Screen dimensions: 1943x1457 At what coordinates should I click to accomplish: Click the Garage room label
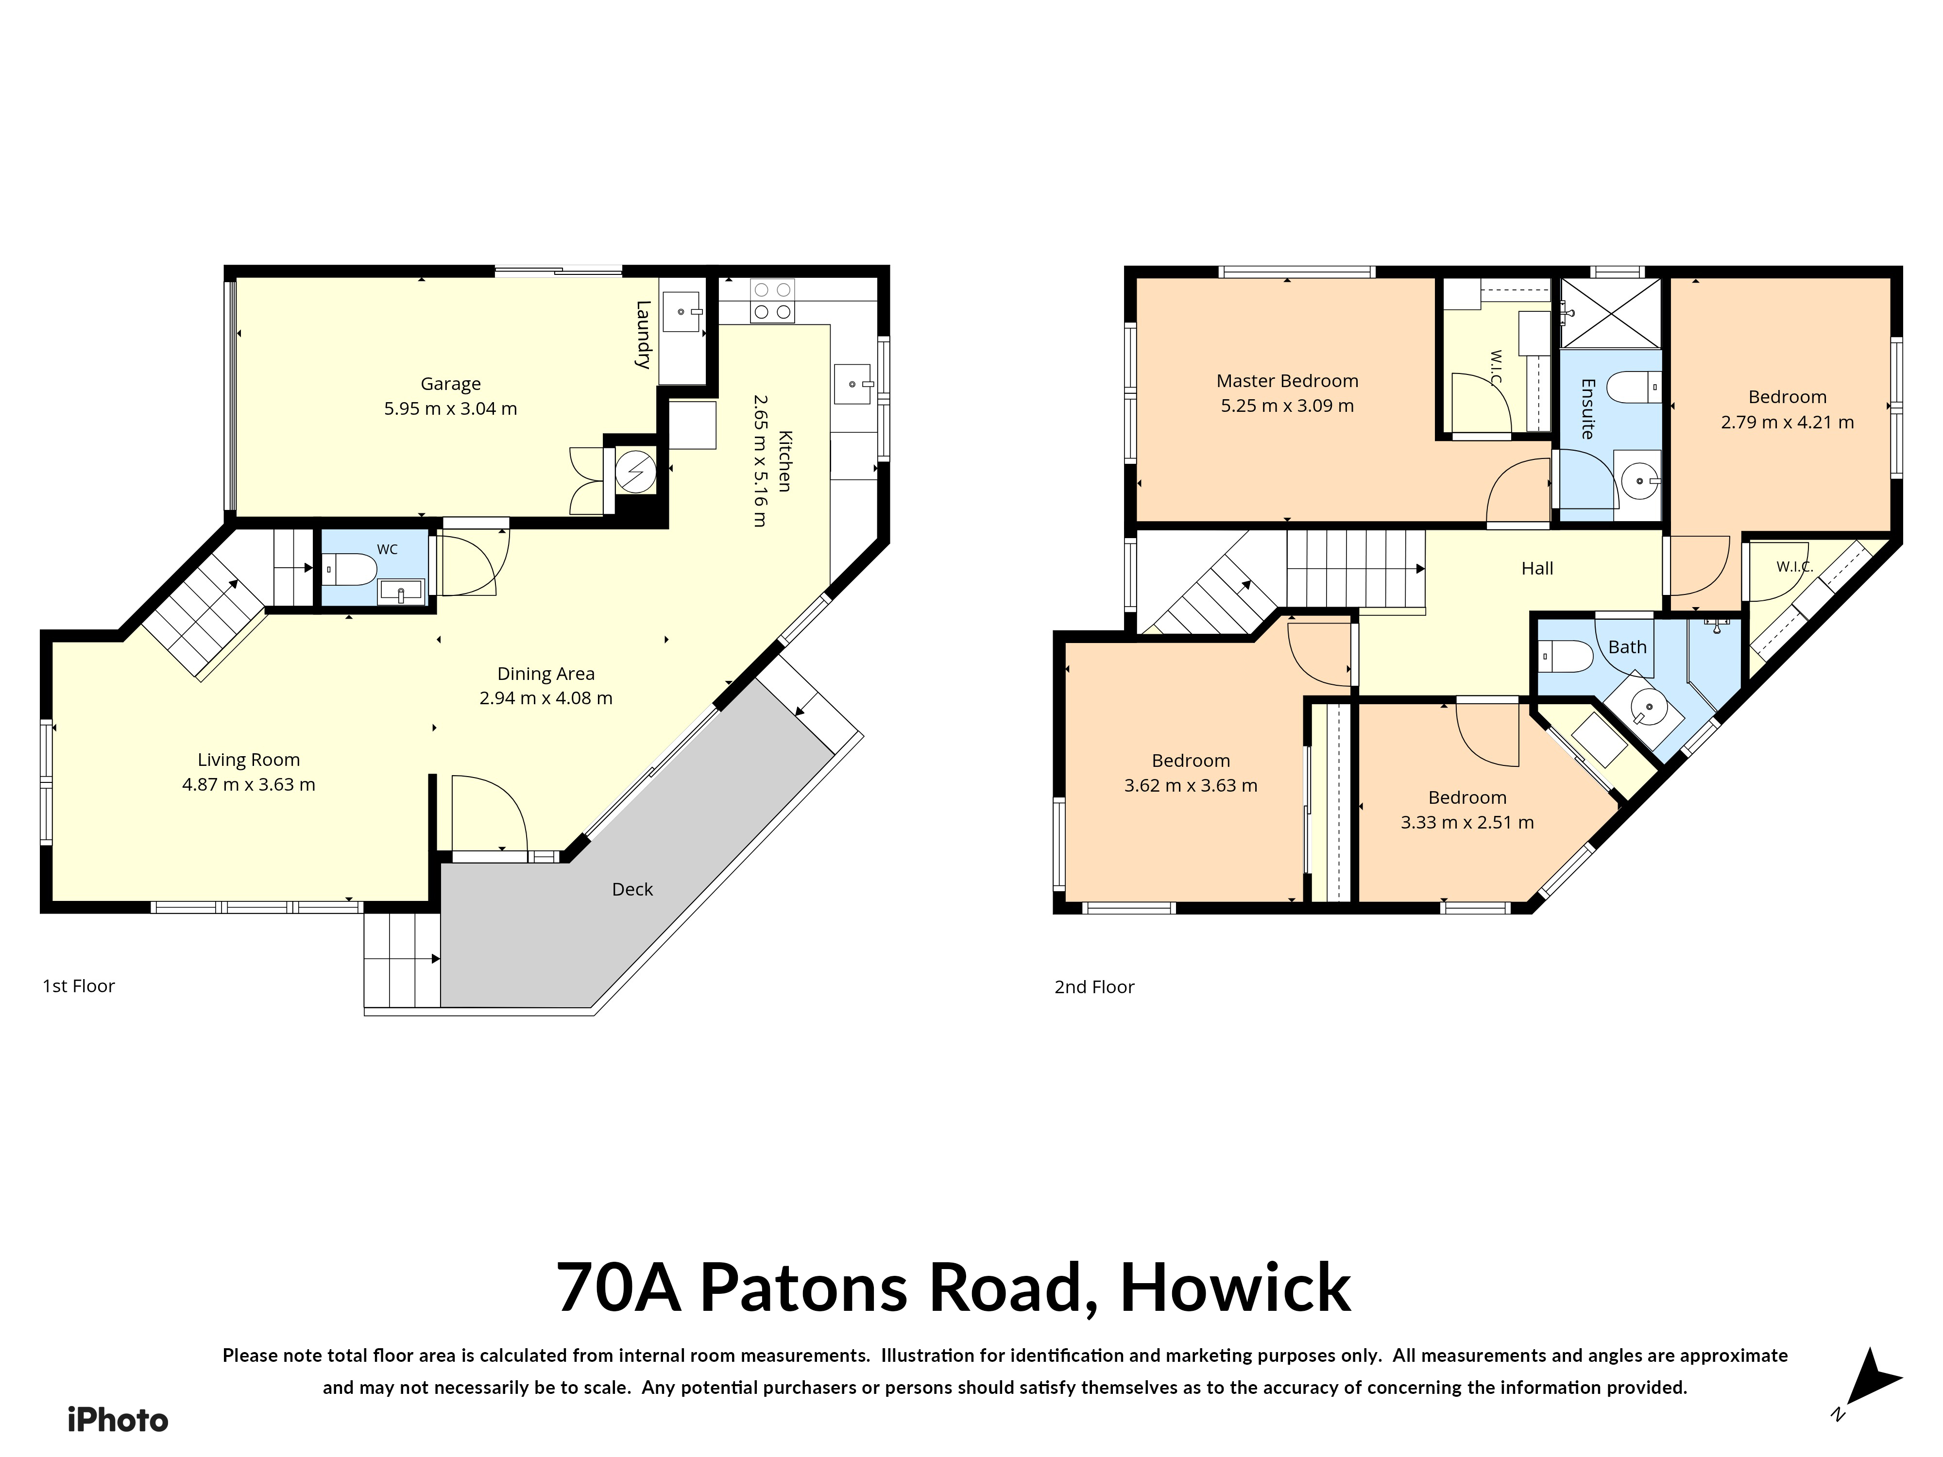tap(451, 384)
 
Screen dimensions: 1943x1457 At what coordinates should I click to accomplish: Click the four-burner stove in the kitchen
tap(772, 300)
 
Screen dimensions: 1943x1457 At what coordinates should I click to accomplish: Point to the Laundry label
tap(644, 335)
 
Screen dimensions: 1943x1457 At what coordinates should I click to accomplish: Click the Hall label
tap(1537, 568)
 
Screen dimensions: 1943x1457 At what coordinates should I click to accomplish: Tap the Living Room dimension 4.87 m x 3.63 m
tap(249, 784)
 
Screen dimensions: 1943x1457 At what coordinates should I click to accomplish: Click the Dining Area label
tap(545, 674)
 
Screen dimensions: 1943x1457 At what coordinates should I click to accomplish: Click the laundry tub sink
tap(683, 310)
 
